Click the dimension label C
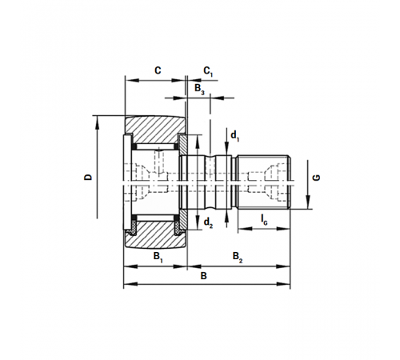pyautogui.click(x=158, y=70)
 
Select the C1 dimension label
pyautogui.click(x=208, y=71)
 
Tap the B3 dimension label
pyautogui.click(x=199, y=89)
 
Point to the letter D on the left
pyautogui.click(x=88, y=177)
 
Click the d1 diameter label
pyautogui.click(x=234, y=136)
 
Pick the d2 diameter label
pyautogui.click(x=208, y=222)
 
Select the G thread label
pyautogui.click(x=316, y=178)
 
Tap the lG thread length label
pyautogui.click(x=264, y=219)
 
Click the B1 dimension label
pyautogui.click(x=158, y=257)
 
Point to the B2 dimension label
pyautogui.click(x=238, y=257)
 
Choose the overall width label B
pyautogui.click(x=203, y=276)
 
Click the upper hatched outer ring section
pyautogui.click(x=156, y=130)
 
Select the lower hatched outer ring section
pyautogui.click(x=156, y=235)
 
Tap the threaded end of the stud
pyautogui.click(x=263, y=182)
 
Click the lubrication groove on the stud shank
pyautogui.click(x=210, y=182)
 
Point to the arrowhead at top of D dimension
pyautogui.click(x=97, y=122)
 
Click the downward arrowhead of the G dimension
pyautogui.click(x=308, y=202)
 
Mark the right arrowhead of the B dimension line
pyautogui.click(x=283, y=284)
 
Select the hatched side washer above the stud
pyautogui.click(x=182, y=146)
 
